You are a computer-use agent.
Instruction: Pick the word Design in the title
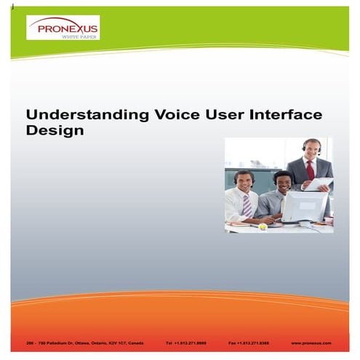pyautogui.click(x=55, y=132)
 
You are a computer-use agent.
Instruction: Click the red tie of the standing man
pyautogui.click(x=310, y=170)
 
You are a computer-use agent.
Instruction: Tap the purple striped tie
pyautogui.click(x=247, y=205)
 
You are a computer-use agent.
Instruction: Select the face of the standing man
pyautogui.click(x=311, y=151)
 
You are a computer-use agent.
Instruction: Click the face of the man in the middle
pyautogui.click(x=281, y=182)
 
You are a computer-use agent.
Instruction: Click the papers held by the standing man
pyautogui.click(x=320, y=185)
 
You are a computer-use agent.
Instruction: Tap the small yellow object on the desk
pyautogui.click(x=263, y=225)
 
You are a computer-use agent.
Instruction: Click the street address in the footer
pyautogui.click(x=80, y=342)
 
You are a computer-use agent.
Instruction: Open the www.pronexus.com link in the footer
pyautogui.click(x=311, y=342)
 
